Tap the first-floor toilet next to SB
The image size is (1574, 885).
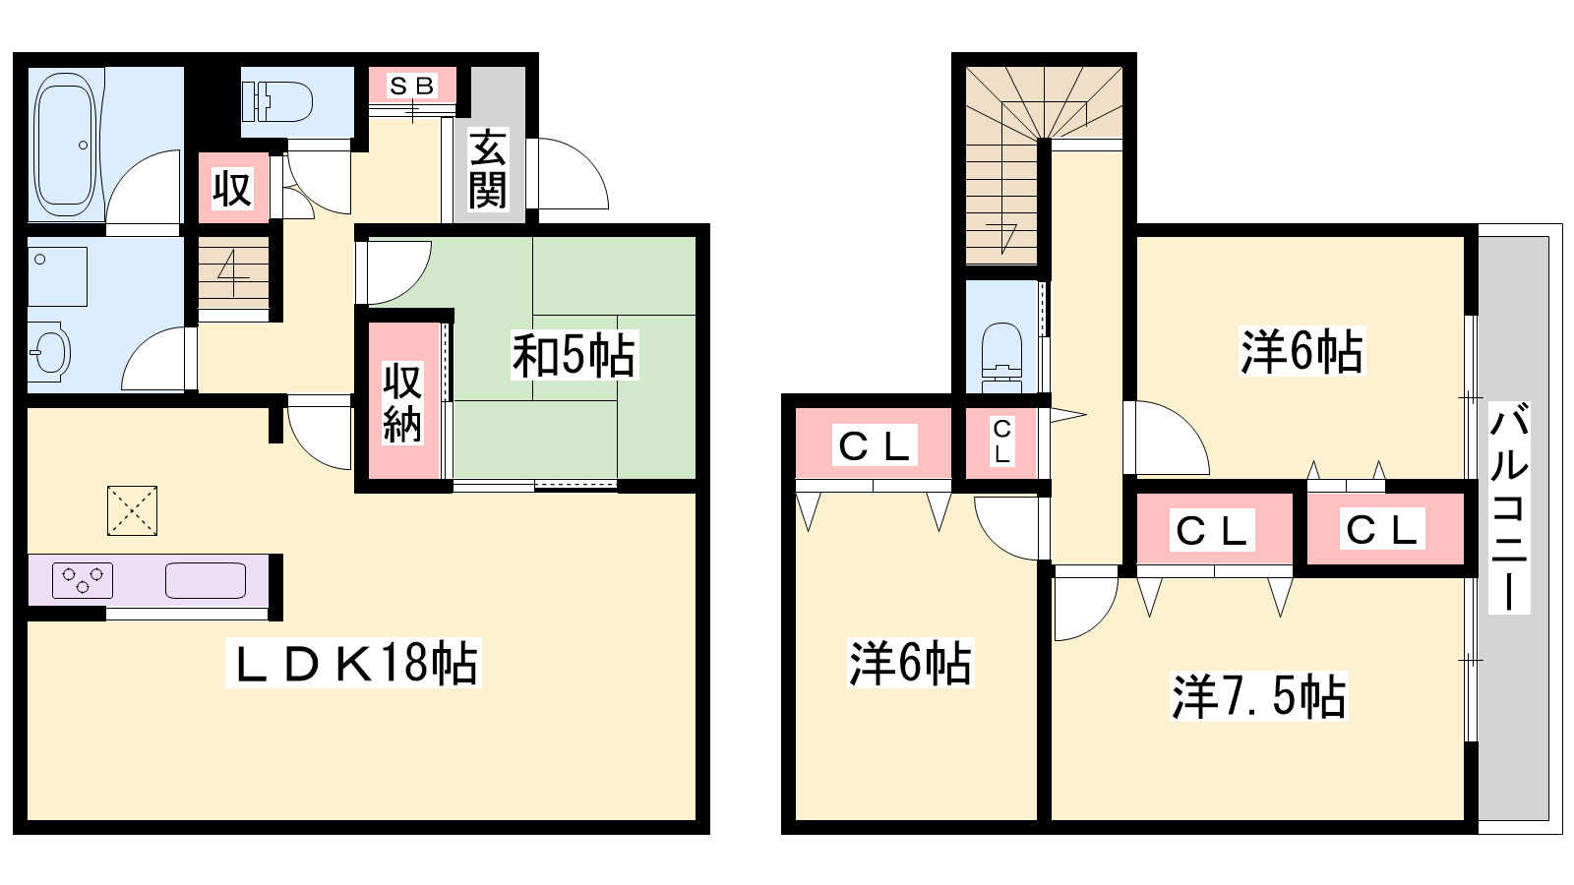coord(277,102)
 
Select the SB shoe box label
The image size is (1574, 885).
coord(412,86)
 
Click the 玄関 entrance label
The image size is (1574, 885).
coord(488,169)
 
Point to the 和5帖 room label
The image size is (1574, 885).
coord(574,356)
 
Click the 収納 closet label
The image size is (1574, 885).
coord(402,403)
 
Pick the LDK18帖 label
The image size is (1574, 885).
coord(353,663)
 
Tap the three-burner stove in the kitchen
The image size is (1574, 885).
coord(83,580)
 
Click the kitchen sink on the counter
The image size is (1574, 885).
coord(206,581)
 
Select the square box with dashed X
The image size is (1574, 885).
coord(132,510)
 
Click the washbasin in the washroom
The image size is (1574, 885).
coord(49,351)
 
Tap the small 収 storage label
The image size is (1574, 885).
coord(232,188)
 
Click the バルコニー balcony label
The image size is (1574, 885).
coord(1509,507)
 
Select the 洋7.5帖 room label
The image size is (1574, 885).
coord(1258,697)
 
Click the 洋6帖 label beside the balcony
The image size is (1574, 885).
coord(1302,350)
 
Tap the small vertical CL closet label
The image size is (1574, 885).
coord(1002,442)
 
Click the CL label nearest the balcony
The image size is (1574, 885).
coord(1381,530)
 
